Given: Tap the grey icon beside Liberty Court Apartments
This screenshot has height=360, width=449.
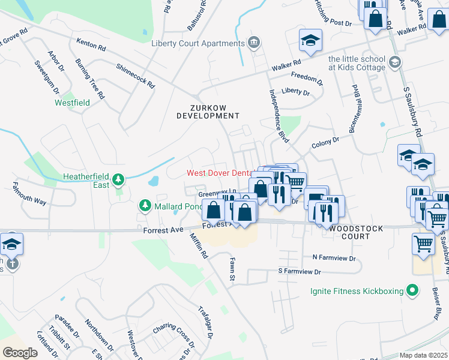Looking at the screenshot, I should pyautogui.click(x=254, y=42).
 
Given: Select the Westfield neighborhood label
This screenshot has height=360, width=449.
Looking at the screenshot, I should pyautogui.click(x=73, y=103).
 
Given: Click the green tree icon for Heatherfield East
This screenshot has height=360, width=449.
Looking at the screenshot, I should pyautogui.click(x=119, y=179).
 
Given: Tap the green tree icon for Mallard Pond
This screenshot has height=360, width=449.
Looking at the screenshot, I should pyautogui.click(x=145, y=206).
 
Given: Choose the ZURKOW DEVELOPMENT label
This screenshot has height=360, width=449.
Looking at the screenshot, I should pyautogui.click(x=208, y=112).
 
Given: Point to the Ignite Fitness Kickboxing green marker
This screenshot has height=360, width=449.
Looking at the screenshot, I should pyautogui.click(x=411, y=291).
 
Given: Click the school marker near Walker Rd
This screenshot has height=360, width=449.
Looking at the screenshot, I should pyautogui.click(x=310, y=41).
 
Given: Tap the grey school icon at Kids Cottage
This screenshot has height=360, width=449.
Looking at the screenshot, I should pyautogui.click(x=394, y=62).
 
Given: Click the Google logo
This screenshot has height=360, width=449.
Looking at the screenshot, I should pyautogui.click(x=20, y=352).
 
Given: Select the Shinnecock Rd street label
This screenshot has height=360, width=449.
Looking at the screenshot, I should pyautogui.click(x=136, y=77).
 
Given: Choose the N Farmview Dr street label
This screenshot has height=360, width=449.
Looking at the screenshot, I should pyautogui.click(x=334, y=257).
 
